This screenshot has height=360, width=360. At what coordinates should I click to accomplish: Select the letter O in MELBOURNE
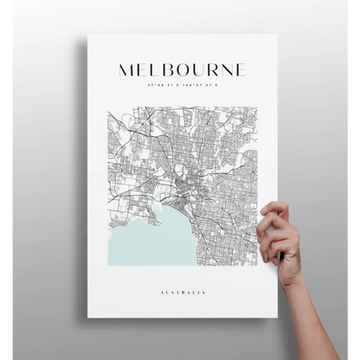[x=179, y=70]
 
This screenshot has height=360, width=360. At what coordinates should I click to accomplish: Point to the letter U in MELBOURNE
[x=196, y=70]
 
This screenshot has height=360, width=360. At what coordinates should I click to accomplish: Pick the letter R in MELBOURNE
[x=210, y=70]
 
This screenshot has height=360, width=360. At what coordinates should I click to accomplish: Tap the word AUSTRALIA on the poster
[x=183, y=293]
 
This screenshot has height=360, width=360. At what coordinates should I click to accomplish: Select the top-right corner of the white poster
[x=277, y=35]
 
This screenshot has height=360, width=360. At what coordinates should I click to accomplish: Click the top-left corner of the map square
[x=108, y=107]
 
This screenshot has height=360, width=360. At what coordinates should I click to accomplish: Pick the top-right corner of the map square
[x=258, y=107]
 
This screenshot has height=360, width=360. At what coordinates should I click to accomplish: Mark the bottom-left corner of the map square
[x=108, y=265]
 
